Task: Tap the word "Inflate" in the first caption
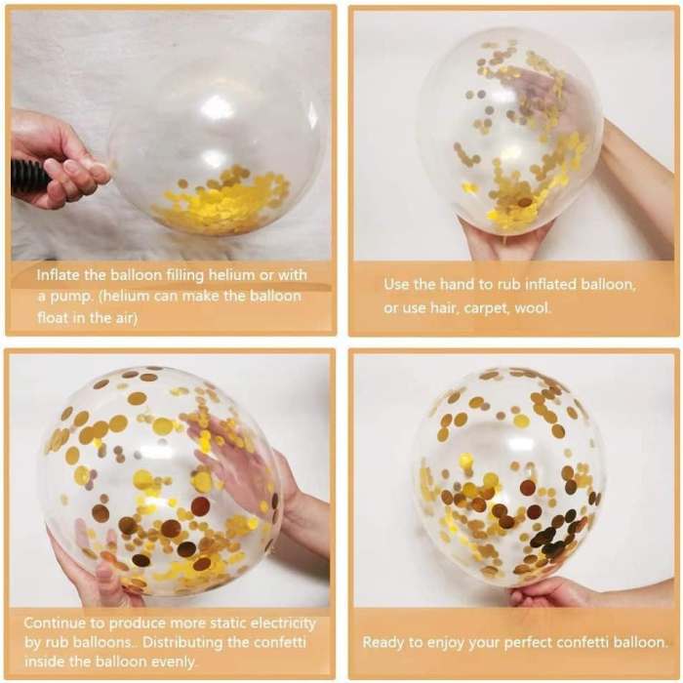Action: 60,275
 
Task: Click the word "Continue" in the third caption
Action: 57,623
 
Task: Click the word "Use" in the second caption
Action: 396,285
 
